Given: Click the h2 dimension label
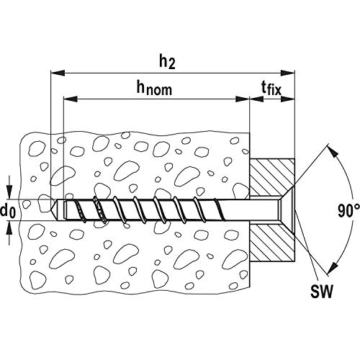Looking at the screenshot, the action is click(x=167, y=63).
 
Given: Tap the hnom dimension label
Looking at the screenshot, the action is click(x=154, y=88).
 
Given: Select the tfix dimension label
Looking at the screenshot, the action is click(x=271, y=89).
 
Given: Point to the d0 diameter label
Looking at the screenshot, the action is click(x=8, y=211).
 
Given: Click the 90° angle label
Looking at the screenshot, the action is click(x=349, y=211).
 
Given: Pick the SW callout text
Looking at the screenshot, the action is click(x=322, y=291).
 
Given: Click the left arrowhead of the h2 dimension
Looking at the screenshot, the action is click(x=58, y=73).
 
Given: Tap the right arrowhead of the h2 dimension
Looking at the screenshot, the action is click(x=288, y=73).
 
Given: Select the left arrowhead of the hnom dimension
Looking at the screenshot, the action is click(x=71, y=99).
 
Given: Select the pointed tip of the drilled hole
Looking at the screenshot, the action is click(x=52, y=210).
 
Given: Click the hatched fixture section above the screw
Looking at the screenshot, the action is click(x=272, y=178).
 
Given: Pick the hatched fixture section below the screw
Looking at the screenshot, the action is click(x=272, y=243).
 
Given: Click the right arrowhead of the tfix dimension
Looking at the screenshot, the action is click(x=288, y=99).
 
